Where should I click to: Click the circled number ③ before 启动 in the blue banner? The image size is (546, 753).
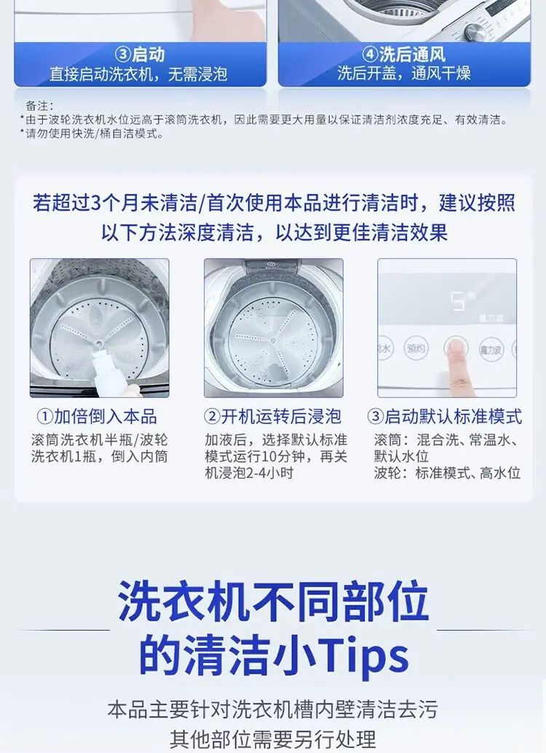124,55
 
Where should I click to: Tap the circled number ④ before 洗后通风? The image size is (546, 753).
370,55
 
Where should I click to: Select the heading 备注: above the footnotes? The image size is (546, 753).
39,105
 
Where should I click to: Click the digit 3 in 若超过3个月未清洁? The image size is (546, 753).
95,203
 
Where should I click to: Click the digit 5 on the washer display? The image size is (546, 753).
457,302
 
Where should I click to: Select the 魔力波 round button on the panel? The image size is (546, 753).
490,349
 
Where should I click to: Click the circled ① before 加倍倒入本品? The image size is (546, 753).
44,416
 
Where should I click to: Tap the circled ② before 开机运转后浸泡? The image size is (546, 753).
212,416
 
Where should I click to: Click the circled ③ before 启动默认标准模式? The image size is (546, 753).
375,416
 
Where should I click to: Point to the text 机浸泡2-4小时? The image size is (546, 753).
249,473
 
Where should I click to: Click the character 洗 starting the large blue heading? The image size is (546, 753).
139,601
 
